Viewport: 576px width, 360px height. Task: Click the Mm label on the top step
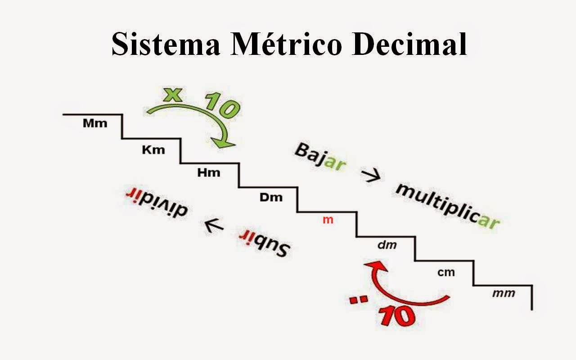(95, 123)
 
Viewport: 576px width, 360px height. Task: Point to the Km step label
(153, 150)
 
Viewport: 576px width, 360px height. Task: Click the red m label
(328, 220)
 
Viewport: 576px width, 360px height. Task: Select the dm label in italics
(387, 245)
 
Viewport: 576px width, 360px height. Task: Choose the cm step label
(446, 272)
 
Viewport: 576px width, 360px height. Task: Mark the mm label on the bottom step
(504, 293)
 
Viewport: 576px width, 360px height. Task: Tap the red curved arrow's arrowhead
(373, 266)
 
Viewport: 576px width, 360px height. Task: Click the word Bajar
(320, 157)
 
